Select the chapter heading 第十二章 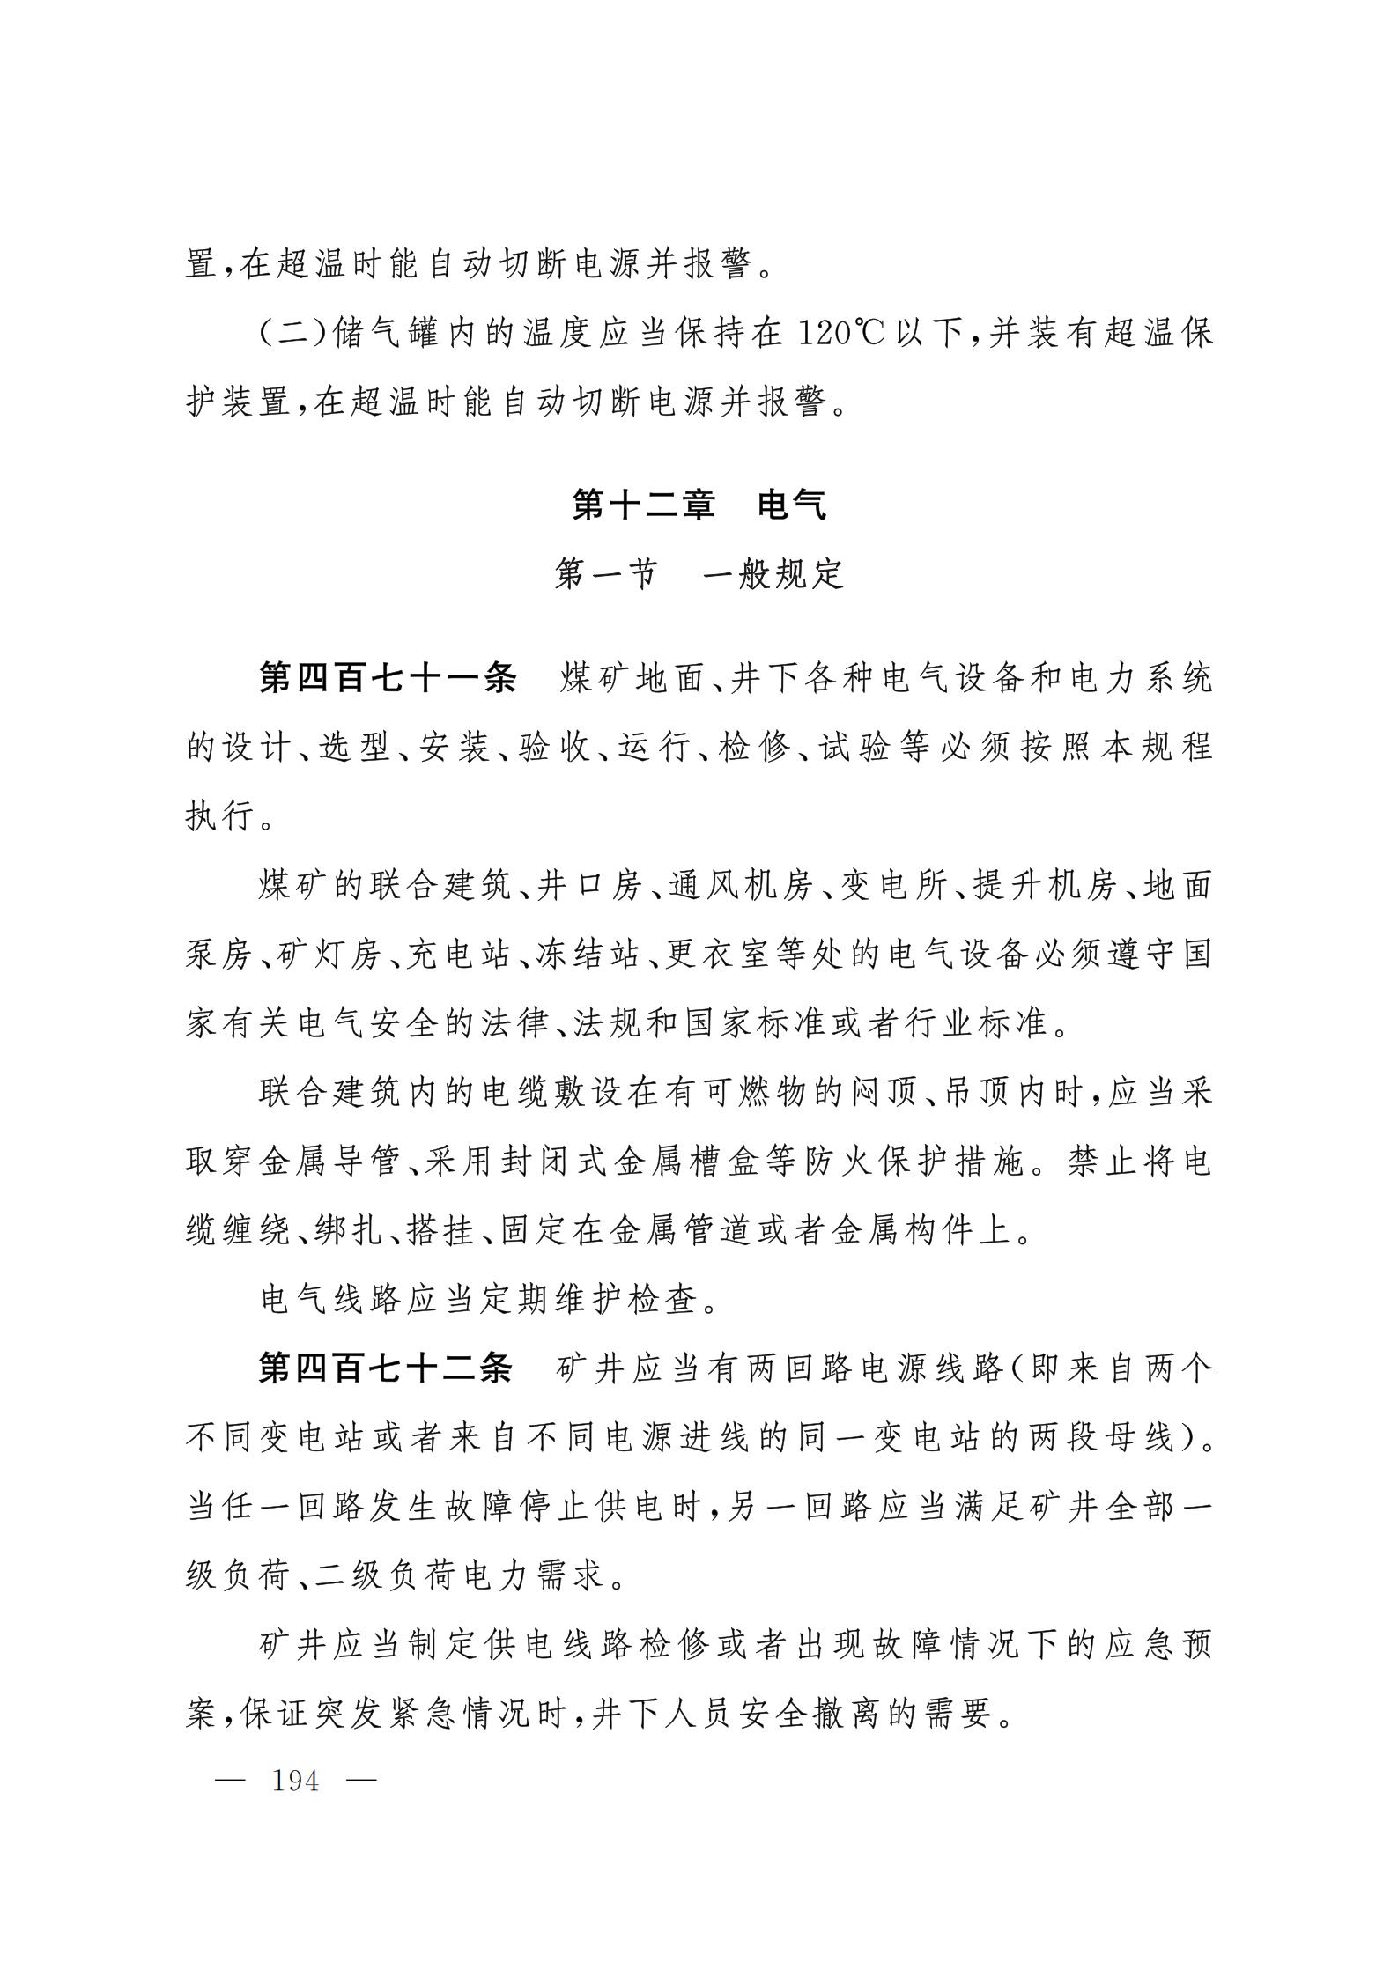click(643, 505)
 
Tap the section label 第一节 click(607, 575)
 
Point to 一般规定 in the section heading click(774, 575)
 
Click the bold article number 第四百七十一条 click(388, 678)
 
